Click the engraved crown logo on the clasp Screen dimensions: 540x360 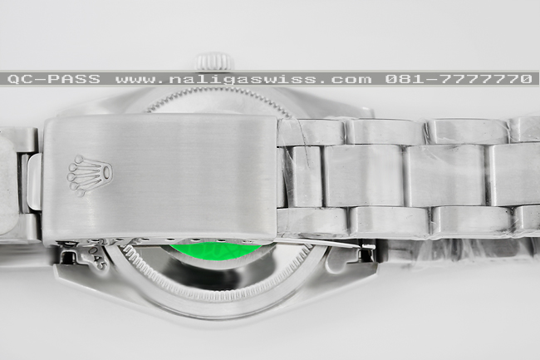[90, 175]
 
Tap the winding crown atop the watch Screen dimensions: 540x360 [215, 62]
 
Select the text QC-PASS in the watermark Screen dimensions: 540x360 [54, 79]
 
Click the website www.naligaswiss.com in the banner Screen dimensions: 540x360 [243, 79]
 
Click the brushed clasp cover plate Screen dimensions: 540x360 [160, 177]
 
